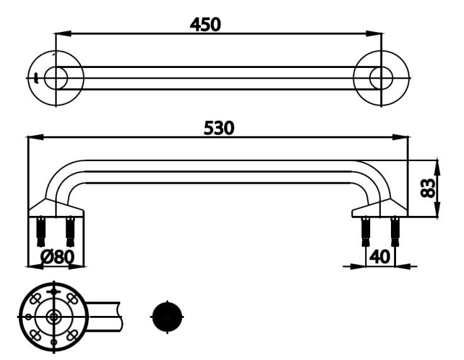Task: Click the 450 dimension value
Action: (x=205, y=24)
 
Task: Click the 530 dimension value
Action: (x=218, y=128)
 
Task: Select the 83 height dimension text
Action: (x=429, y=188)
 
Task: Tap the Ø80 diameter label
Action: (x=57, y=257)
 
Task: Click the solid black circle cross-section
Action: (x=167, y=317)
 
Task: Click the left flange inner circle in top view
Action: (x=56, y=78)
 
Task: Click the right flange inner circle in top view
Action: (x=381, y=78)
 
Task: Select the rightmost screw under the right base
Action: (x=395, y=231)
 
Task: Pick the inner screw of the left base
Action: (x=70, y=231)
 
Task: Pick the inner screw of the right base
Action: (x=366, y=231)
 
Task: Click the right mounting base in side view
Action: (x=380, y=208)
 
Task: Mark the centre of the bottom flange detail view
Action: (x=54, y=317)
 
